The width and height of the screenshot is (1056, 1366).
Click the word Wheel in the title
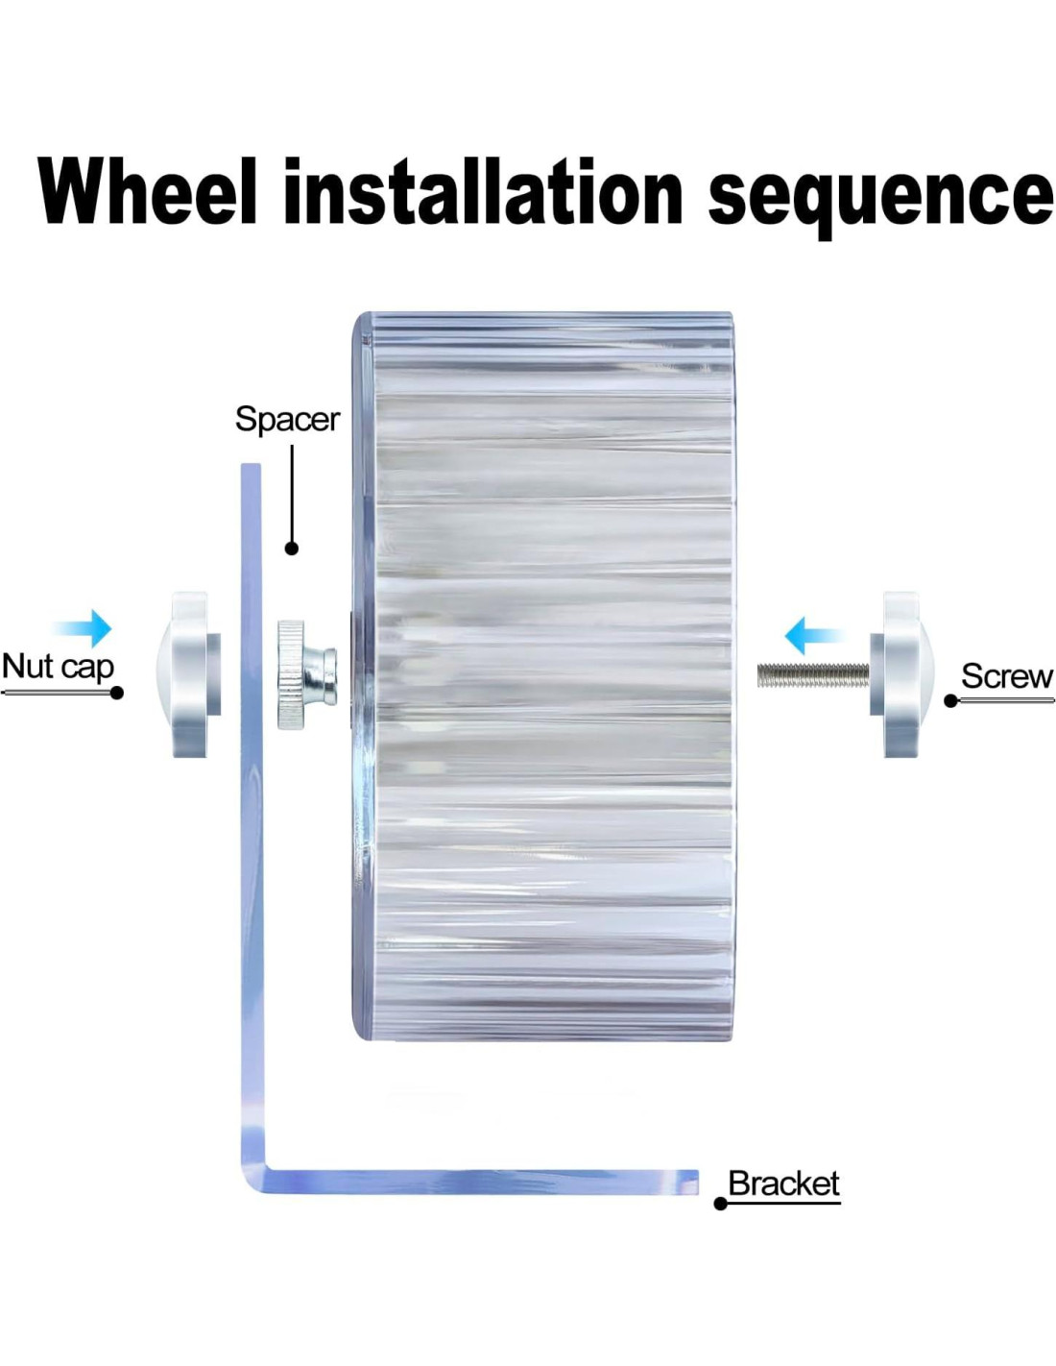coord(148,191)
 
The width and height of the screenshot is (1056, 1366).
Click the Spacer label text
coord(287,420)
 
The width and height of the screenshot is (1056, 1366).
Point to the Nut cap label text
coord(58,666)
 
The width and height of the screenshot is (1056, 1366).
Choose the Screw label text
coord(1006,676)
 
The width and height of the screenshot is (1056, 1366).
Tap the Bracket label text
coord(783,1183)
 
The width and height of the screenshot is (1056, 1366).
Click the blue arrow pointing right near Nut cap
coord(84,628)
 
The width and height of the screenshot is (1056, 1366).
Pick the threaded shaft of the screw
coord(812,675)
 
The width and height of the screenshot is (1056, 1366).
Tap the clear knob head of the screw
coord(900,674)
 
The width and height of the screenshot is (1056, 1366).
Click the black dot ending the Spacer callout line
coord(292,549)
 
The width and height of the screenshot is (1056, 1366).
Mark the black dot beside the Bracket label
coord(720,1204)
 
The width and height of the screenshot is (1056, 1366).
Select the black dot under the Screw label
coord(950,701)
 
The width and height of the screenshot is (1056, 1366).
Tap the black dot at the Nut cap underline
coord(117,693)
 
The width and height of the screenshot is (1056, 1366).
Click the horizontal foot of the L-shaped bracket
coord(480,1182)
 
